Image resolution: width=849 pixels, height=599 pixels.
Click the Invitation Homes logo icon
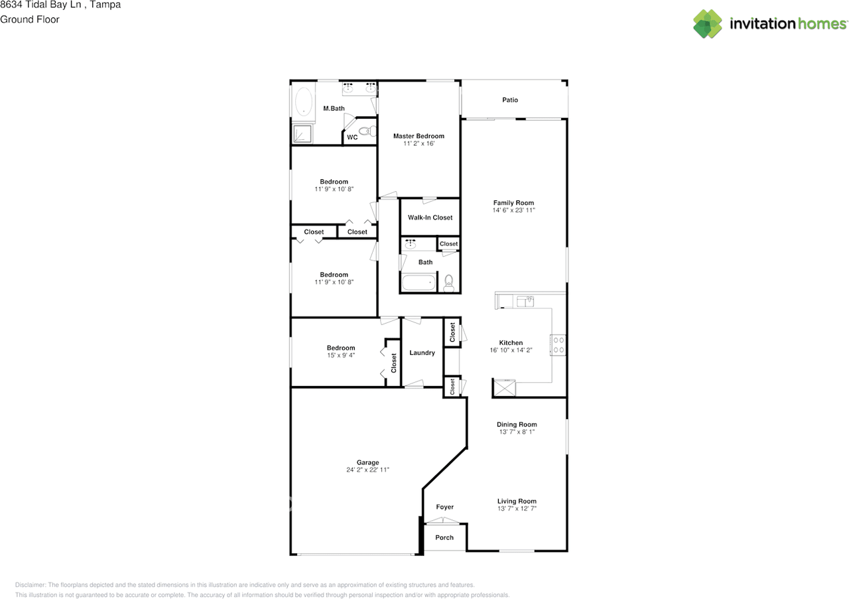tap(708, 24)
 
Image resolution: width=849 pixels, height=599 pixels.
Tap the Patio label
tap(510, 100)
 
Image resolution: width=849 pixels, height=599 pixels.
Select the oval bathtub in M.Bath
tap(303, 103)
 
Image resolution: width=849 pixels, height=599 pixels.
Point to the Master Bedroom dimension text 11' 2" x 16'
tap(419, 144)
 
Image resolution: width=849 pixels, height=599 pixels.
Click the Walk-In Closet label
tap(430, 218)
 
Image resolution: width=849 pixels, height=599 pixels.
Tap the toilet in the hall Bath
tap(448, 283)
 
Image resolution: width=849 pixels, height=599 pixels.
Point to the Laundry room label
tap(422, 353)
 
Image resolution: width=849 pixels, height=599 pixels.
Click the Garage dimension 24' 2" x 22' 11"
tap(367, 470)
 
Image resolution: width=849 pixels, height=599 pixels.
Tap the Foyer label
tap(444, 507)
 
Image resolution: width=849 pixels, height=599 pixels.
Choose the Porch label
tap(444, 537)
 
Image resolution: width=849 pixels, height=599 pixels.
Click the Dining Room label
tap(517, 425)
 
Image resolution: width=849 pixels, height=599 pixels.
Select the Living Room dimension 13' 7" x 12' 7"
tap(517, 509)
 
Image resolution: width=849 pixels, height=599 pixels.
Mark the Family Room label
tap(513, 203)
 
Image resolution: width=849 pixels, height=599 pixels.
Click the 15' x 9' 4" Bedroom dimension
tap(340, 356)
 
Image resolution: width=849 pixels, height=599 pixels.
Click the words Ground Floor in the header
tap(30, 19)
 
